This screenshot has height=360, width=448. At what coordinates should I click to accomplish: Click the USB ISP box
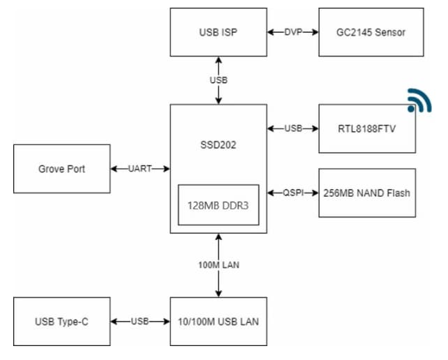tap(218, 32)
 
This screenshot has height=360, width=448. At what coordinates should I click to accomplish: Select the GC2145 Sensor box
tap(371, 32)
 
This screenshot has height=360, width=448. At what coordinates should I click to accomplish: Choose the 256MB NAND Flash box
tap(367, 193)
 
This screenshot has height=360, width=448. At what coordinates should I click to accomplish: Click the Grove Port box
tap(61, 169)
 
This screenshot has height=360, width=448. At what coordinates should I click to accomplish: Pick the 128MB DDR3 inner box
tap(218, 205)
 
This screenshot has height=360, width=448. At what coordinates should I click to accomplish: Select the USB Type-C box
tap(61, 322)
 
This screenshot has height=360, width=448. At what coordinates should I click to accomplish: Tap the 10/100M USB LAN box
tap(218, 322)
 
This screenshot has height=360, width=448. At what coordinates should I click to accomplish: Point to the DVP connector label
tap(293, 32)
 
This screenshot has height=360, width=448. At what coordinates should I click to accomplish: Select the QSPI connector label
tap(293, 193)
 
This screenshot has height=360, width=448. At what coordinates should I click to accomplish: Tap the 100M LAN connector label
tap(218, 265)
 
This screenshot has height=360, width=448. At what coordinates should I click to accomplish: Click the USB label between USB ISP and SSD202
tap(218, 80)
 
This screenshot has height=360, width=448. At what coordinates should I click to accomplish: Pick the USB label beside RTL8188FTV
tap(293, 128)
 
